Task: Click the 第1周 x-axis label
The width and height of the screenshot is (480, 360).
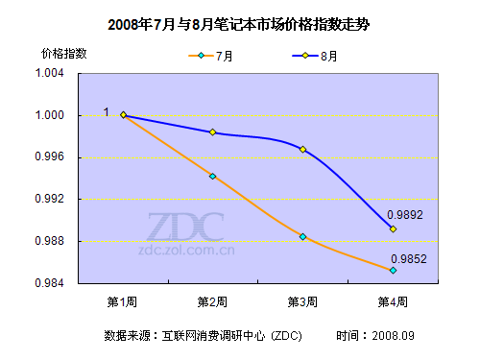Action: pos(122,301)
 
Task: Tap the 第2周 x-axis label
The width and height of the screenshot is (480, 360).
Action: pos(212,301)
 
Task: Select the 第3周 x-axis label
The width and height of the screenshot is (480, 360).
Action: pos(302,301)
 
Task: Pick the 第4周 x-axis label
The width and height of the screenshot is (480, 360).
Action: pos(393,301)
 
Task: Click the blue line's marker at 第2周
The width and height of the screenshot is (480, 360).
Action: pos(213,132)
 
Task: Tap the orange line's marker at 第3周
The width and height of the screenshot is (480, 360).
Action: pos(303,236)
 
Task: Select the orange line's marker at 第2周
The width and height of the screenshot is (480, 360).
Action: pos(213,177)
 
